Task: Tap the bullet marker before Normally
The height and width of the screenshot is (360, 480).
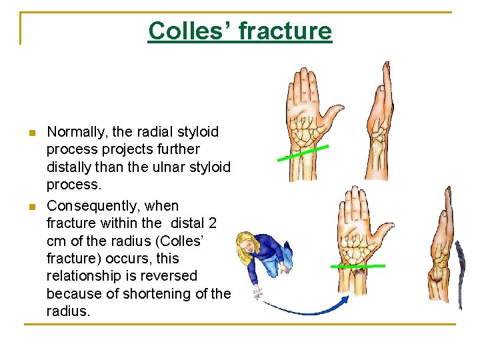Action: click(x=31, y=133)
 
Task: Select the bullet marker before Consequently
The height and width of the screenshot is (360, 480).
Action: click(x=31, y=206)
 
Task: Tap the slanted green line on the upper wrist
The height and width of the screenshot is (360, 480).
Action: click(x=304, y=153)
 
